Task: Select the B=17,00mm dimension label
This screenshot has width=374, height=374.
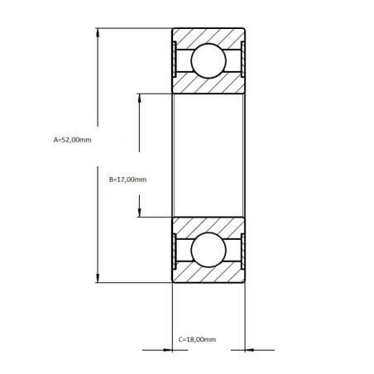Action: pos(127,180)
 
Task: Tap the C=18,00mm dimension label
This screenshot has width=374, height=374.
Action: pos(198,339)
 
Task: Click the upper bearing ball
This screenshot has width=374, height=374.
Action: pos(207,62)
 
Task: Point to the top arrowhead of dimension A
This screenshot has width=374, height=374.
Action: pos(98,34)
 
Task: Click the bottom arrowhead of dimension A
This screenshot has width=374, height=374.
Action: pos(98,279)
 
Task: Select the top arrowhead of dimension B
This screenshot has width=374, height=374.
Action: pos(140,98)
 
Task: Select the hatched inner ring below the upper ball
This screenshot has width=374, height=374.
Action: pos(207,85)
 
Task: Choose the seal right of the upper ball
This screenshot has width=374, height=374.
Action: pos(239,62)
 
